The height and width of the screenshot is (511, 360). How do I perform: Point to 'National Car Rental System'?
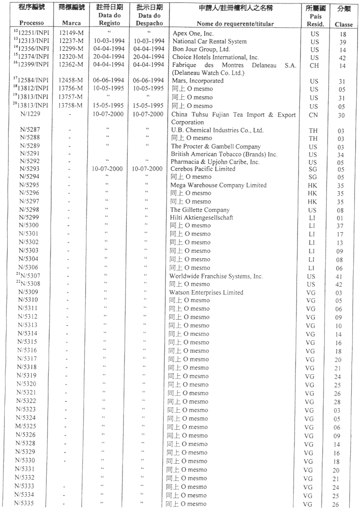point(210,41)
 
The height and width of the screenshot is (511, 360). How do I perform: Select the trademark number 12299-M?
point(71,49)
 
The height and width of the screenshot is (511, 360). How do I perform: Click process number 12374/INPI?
point(34,57)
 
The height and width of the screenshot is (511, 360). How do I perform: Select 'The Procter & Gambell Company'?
point(216,147)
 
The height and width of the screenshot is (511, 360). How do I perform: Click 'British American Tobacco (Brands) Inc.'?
point(224,154)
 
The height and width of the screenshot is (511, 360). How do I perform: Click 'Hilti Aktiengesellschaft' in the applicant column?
point(202,217)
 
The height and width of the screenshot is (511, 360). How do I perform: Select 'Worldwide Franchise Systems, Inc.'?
point(217,276)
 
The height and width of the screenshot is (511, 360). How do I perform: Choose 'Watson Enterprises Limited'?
point(207,292)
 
